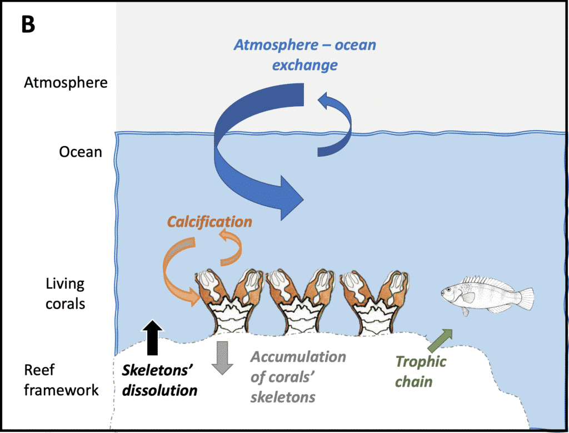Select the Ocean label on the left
coord(81,151)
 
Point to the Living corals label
coord(65,293)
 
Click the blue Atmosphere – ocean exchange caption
coord(305,54)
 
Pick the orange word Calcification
coord(209,222)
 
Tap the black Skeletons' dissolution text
coord(160,380)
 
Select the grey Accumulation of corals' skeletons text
coord(298,377)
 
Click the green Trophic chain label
coord(421,371)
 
